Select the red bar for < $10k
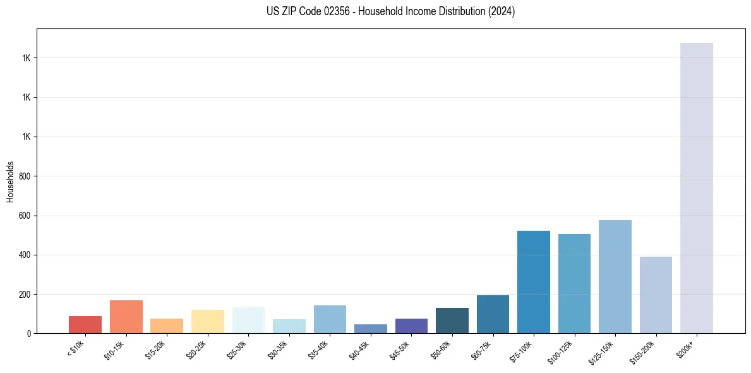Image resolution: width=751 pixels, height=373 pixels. click(85, 324)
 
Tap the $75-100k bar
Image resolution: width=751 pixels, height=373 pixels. click(534, 282)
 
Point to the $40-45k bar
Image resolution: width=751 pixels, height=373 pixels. click(371, 329)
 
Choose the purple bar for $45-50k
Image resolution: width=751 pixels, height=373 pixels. click(411, 326)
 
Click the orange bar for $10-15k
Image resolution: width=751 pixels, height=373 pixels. click(126, 317)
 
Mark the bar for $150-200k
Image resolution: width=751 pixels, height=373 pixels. click(656, 295)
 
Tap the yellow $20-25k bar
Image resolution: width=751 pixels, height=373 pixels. click(208, 321)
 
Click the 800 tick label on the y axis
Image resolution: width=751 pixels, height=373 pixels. click(25, 176)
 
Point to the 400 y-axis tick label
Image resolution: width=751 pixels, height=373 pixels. click(25, 255)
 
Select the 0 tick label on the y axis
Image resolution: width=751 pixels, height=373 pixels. click(29, 334)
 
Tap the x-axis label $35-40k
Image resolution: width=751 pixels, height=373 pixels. click(320, 349)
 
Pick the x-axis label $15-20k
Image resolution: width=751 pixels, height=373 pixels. click(157, 349)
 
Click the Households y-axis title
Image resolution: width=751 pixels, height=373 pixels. click(11, 181)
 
